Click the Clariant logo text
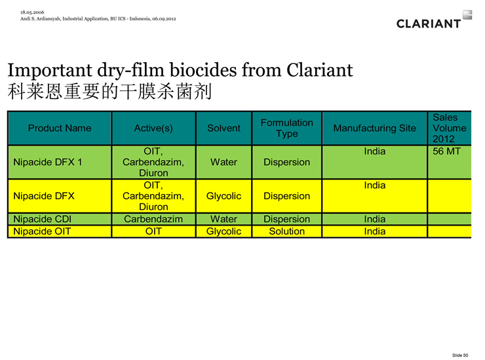coord(429,24)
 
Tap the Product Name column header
coord(60,128)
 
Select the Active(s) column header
coord(153,128)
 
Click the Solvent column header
coord(223,128)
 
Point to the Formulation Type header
coord(286,128)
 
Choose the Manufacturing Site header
coord(375,128)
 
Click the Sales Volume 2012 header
coord(449,128)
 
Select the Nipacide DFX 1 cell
coord(48,162)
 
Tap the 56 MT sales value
coord(446,151)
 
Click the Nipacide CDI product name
coord(43,219)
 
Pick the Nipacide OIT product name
coord(42,231)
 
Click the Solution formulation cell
coord(286,231)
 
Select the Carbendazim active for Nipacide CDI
coord(153,219)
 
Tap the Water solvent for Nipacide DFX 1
coord(223,162)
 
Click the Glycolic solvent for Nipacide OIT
coord(223,231)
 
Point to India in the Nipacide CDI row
coord(375,219)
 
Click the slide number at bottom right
coord(460,355)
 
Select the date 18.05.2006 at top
coord(32,12)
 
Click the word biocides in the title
coord(203,70)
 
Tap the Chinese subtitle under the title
coord(109,92)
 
